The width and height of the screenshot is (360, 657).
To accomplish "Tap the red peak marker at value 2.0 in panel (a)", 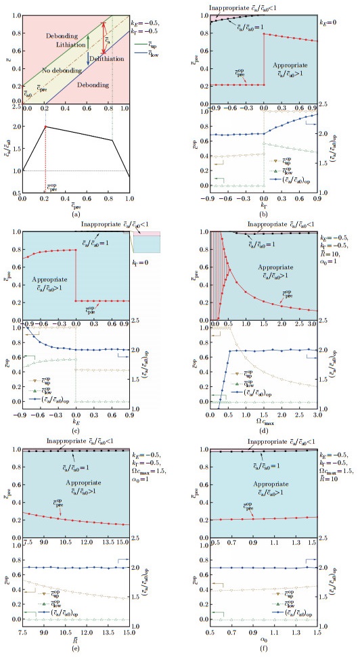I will click(45, 127).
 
